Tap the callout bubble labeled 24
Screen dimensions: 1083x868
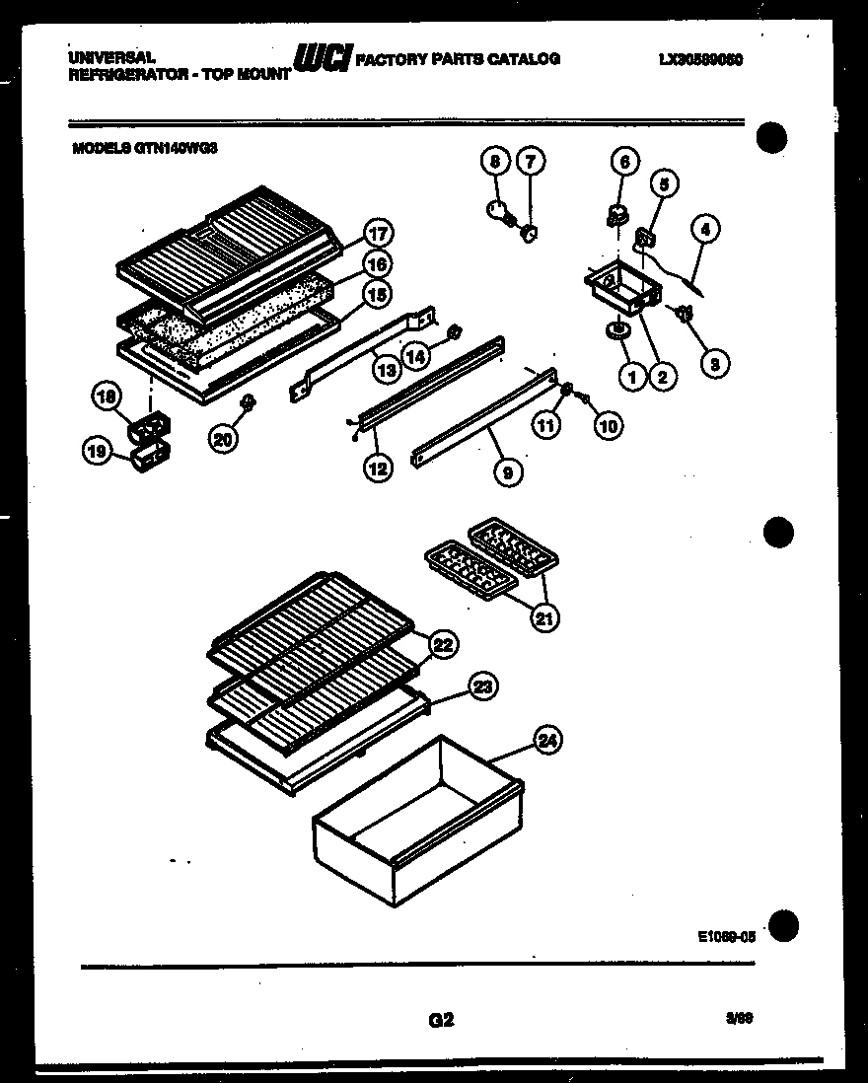pos(548,740)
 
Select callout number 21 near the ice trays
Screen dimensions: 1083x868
pos(543,618)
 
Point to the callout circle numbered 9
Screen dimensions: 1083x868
pos(506,472)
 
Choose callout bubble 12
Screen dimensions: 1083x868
pos(376,469)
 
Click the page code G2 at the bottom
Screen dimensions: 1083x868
pos(441,1021)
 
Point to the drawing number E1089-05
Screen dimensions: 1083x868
pos(724,939)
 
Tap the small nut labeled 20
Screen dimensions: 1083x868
pos(248,402)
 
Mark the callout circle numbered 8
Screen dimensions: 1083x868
pos(495,160)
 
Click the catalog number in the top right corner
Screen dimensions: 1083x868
pos(699,60)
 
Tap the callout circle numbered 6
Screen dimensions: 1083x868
pos(623,161)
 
